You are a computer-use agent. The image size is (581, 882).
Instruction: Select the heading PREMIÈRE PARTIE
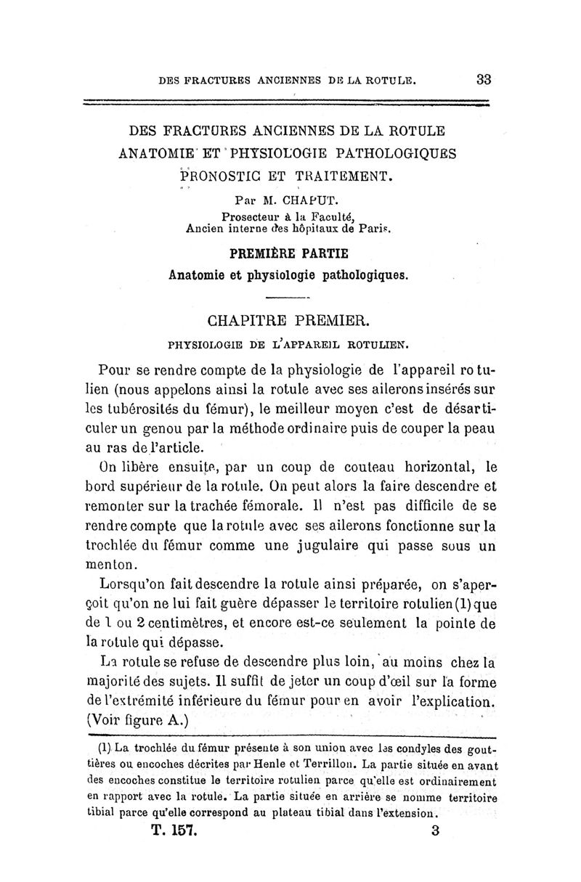289,253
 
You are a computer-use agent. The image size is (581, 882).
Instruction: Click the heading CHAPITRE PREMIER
289,319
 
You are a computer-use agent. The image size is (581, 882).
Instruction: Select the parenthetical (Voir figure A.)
138,720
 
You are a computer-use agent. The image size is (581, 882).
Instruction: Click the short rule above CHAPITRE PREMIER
288,298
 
